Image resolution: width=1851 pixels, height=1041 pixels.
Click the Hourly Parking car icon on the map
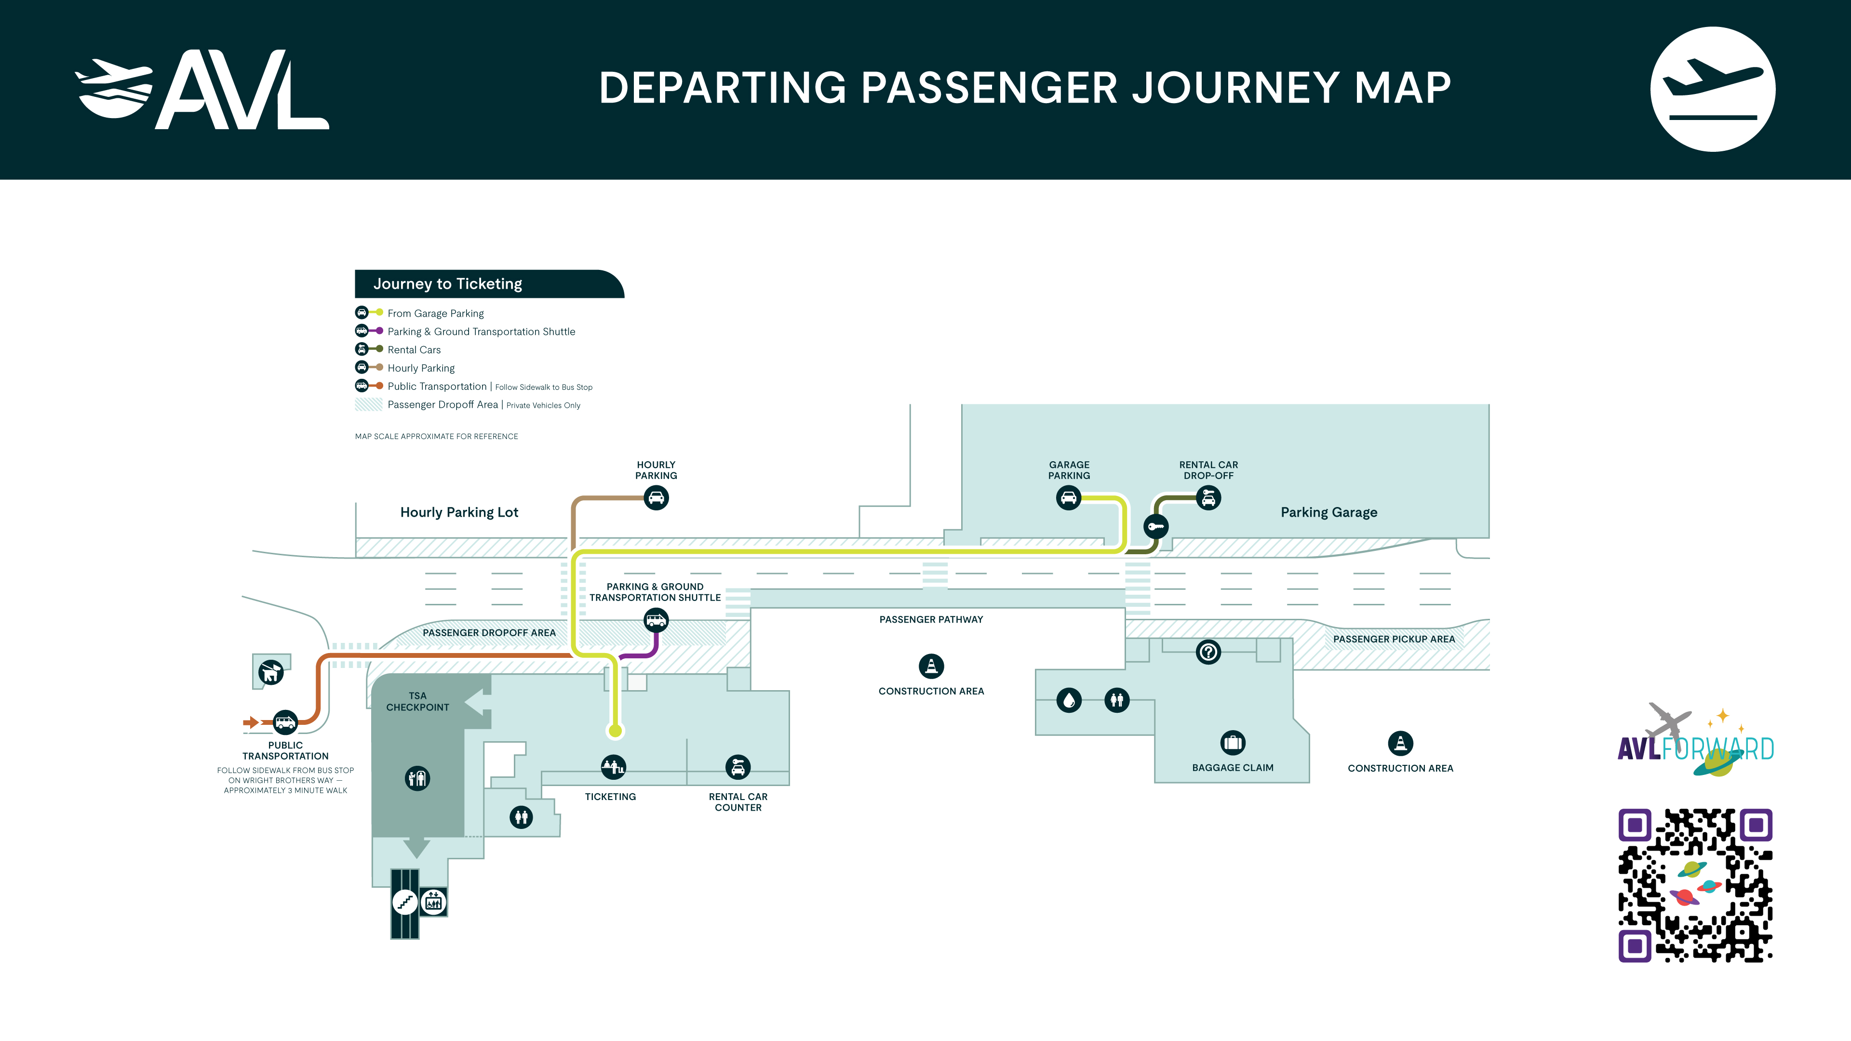656,498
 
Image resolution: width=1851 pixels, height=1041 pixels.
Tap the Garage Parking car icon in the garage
1069,498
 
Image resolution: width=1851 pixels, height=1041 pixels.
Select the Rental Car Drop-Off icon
1208,498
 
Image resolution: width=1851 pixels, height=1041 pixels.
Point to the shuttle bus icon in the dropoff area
656,620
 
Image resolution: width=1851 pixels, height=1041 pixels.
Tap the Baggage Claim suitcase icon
1233,743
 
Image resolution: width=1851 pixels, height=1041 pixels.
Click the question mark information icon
1208,653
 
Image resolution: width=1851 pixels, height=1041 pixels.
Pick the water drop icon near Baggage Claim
1069,700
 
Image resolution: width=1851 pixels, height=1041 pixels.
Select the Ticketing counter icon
613,767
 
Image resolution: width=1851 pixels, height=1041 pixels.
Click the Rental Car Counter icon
738,767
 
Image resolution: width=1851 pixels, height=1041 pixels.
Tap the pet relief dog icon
271,672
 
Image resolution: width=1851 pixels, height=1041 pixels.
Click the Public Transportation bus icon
285,722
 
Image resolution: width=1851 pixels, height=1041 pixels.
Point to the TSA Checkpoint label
417,702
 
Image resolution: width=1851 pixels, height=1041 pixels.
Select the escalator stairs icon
405,902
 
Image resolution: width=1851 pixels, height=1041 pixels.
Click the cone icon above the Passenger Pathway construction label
931,667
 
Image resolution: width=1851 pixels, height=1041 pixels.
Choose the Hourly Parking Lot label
459,512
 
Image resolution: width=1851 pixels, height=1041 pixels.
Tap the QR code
1695,885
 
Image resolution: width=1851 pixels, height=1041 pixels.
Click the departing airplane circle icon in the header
1713,89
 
